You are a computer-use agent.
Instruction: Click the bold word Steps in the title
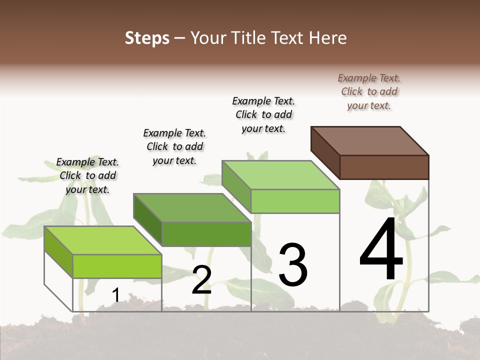[x=147, y=38]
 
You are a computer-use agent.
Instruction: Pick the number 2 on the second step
[x=201, y=280]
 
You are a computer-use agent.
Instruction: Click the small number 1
[x=115, y=295]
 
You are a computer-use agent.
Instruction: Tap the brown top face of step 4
[x=370, y=140]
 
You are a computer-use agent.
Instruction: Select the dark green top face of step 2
[x=192, y=207]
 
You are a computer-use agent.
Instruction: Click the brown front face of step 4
[x=384, y=167]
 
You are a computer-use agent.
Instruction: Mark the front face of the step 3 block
[x=295, y=201]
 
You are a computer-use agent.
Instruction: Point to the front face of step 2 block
[x=206, y=234]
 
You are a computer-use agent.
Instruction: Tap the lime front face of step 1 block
[x=117, y=266]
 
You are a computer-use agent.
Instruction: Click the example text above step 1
[x=87, y=175]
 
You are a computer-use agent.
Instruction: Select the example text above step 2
[x=174, y=146]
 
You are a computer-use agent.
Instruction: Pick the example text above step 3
[x=263, y=114]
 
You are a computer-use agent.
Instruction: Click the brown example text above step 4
[x=369, y=91]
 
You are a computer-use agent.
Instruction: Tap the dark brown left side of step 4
[x=325, y=152]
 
